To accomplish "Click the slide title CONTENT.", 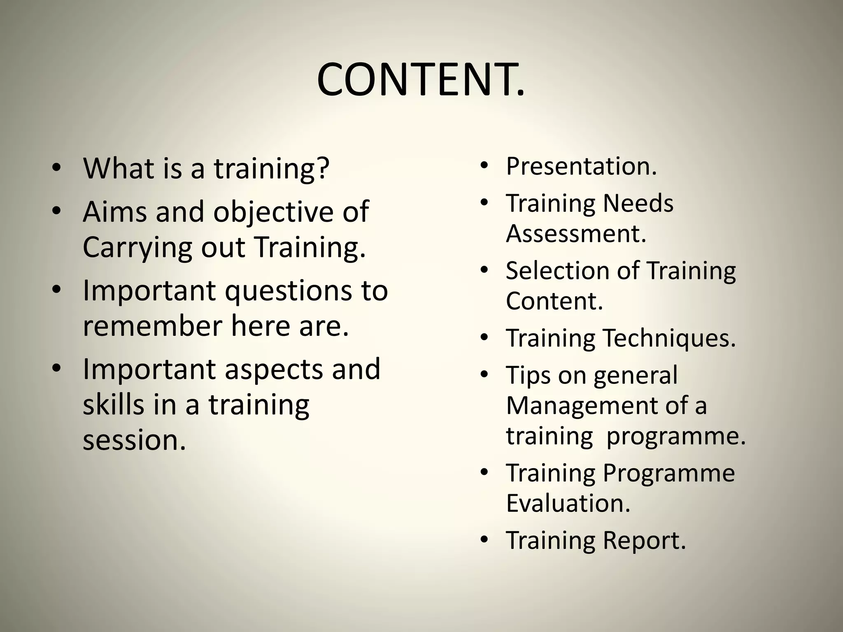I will coord(421,80).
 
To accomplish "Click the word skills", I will coord(114,404).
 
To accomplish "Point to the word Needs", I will coord(638,203).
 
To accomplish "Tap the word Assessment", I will coord(576,234).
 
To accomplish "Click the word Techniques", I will coord(669,338).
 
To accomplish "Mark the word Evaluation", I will coord(568,503).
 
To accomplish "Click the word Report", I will coord(644,540).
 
